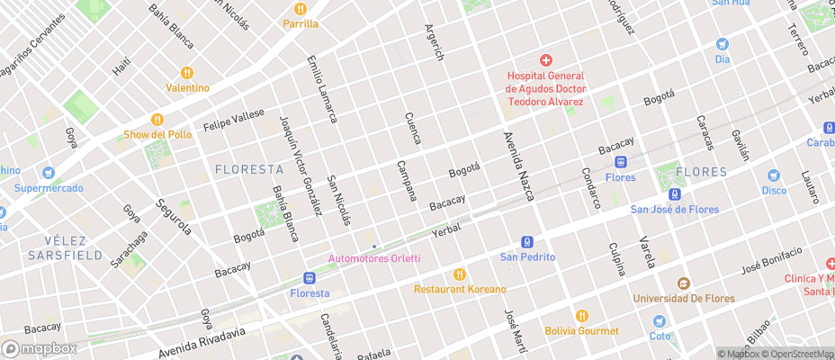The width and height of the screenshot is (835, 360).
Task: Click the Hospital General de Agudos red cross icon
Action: pos(545,60)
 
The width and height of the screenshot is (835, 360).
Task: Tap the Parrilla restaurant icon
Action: pos(300,7)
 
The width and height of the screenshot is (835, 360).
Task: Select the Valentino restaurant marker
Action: pos(187,72)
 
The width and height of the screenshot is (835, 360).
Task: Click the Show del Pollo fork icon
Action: pos(157,119)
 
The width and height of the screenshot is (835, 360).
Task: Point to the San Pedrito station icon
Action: pos(527,241)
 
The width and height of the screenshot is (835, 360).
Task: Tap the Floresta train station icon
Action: pos(310,278)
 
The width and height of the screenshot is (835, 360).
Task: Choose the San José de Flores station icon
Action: pos(674,194)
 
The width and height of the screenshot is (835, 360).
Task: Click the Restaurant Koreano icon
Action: pos(460,274)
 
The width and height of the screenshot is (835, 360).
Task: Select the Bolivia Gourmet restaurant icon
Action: pos(581,316)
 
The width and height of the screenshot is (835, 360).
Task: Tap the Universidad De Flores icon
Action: pos(683,283)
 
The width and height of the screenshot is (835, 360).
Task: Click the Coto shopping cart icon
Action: pos(660,321)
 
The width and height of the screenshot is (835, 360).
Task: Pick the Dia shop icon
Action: pos(722,44)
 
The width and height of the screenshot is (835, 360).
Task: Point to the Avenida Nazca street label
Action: pos(518,166)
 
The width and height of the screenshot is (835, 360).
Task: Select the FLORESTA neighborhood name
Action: pos(249,169)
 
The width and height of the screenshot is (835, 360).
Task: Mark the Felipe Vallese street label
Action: pos(234,119)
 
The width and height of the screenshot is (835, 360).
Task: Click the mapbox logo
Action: pos(40,348)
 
